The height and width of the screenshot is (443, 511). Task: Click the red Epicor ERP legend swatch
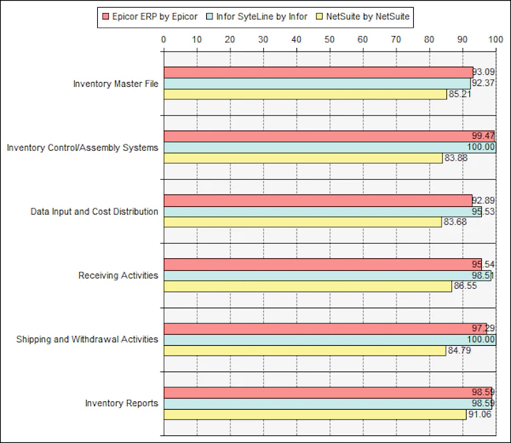(x=106, y=16)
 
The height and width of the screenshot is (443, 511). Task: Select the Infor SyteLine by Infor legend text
(x=262, y=16)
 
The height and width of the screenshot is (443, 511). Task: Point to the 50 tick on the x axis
(x=330, y=40)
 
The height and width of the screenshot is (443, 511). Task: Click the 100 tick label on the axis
(x=495, y=40)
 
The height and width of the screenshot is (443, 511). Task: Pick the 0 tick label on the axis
(x=164, y=40)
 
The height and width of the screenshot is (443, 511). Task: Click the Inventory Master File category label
(x=115, y=84)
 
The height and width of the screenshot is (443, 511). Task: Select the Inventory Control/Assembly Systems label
(x=82, y=148)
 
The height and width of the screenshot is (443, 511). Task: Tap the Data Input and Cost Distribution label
(x=94, y=212)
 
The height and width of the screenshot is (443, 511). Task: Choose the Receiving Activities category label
(x=118, y=276)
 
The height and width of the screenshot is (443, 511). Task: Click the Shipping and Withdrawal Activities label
(x=87, y=340)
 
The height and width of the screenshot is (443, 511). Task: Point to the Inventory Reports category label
(x=122, y=403)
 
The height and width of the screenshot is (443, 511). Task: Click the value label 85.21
(x=460, y=94)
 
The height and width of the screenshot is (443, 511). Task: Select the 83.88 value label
(x=455, y=158)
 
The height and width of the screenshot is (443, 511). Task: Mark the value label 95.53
(x=483, y=211)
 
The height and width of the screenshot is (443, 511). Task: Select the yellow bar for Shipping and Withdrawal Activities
(x=304, y=351)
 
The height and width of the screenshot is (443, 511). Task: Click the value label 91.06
(x=480, y=415)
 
